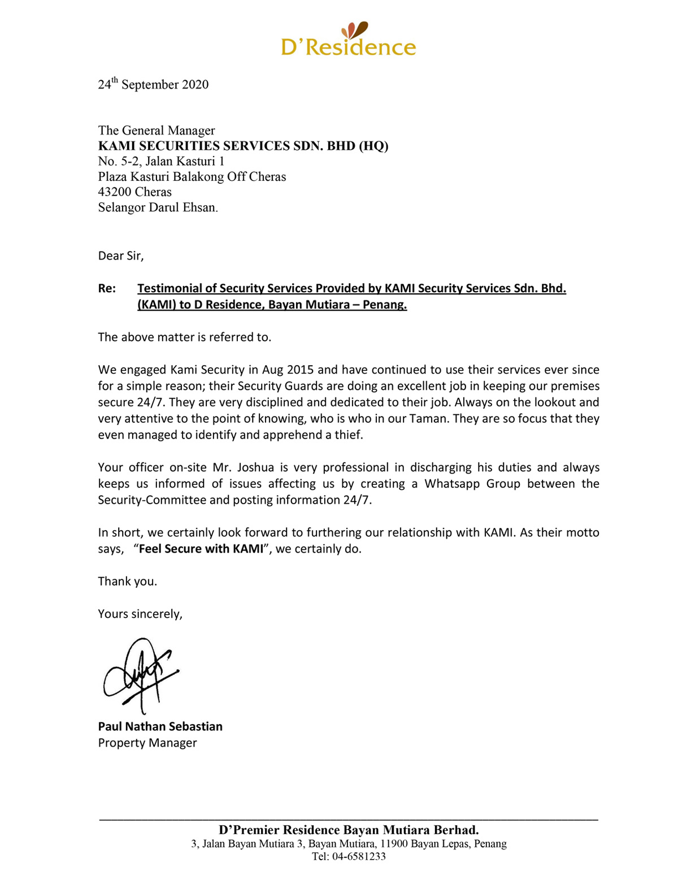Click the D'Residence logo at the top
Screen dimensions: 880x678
348,40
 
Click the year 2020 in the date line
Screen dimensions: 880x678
195,85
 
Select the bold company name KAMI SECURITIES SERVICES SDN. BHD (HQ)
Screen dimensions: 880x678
243,146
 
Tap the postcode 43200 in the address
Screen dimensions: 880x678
115,192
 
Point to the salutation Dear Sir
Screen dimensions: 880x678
120,256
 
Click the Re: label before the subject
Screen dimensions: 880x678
107,289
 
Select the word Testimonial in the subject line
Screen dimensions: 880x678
169,289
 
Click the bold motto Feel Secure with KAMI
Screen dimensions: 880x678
201,549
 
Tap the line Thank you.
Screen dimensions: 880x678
127,582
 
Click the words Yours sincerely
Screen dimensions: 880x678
140,614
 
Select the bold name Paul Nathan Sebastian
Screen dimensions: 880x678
160,727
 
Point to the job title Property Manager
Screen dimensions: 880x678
147,743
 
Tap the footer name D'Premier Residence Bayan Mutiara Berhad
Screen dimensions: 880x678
349,830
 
